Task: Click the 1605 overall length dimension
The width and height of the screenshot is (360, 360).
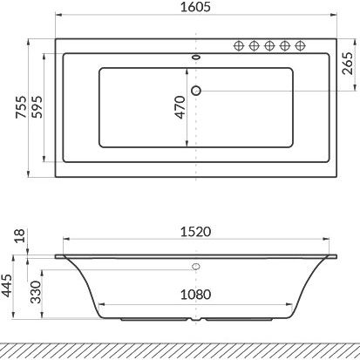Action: pos(195,7)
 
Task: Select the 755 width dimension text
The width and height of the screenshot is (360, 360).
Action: pos(21,107)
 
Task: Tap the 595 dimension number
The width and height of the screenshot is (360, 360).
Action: pos(37,107)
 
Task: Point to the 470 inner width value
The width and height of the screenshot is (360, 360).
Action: pos(180,107)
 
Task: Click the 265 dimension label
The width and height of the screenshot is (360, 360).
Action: pos(348,64)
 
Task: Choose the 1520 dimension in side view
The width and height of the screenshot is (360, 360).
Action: pos(195,232)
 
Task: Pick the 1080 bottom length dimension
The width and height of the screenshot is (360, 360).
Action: pos(195,295)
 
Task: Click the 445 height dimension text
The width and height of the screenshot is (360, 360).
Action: pos(6,285)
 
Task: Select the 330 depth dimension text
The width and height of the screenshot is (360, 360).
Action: pos(36,292)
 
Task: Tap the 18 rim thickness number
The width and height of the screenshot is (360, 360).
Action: pos(20,235)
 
